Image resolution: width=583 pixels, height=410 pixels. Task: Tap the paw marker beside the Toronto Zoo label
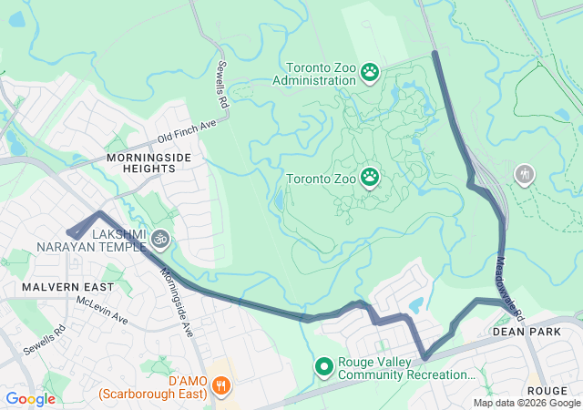pyautogui.click(x=370, y=177)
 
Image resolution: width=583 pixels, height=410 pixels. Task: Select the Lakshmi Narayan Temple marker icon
pyautogui.click(x=160, y=239)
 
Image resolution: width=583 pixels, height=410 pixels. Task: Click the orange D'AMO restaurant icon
pyautogui.click(x=220, y=385)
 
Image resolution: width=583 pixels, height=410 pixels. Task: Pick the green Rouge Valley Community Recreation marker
pyautogui.click(x=323, y=367)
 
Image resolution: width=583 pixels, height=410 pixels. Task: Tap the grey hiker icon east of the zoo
pyautogui.click(x=524, y=173)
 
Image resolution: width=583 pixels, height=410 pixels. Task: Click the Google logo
pyautogui.click(x=30, y=398)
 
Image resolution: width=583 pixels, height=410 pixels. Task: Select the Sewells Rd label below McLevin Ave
pyautogui.click(x=45, y=340)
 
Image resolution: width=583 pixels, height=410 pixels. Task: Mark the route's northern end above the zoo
pyautogui.click(x=435, y=54)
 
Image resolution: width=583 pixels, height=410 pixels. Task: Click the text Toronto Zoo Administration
pyautogui.click(x=319, y=74)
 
